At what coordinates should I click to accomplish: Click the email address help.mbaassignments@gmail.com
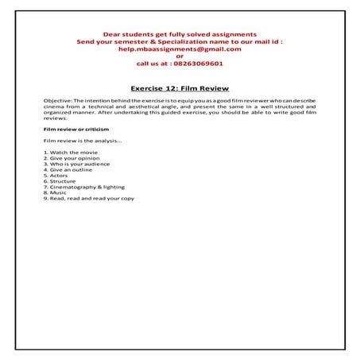click(180, 49)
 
